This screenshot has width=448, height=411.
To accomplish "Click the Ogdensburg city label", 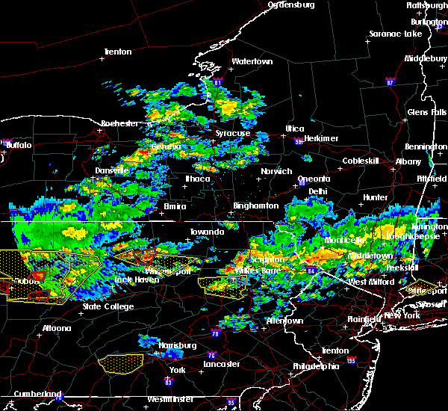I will point(292,4).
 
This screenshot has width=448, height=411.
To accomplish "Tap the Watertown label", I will point(252,61).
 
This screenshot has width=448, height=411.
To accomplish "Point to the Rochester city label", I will point(119,123).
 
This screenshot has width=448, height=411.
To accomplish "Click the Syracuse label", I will point(232,133).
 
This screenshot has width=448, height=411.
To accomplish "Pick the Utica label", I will point(294,129).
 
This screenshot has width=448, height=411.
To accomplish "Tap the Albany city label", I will point(408,161).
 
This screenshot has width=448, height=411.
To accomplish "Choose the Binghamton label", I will point(255,205).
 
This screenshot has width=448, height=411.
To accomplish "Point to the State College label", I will point(108,306).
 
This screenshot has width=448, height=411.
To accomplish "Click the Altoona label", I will point(56,328).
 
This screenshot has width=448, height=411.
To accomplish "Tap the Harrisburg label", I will point(177,345).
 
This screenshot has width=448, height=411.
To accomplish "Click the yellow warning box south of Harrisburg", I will point(122,364).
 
